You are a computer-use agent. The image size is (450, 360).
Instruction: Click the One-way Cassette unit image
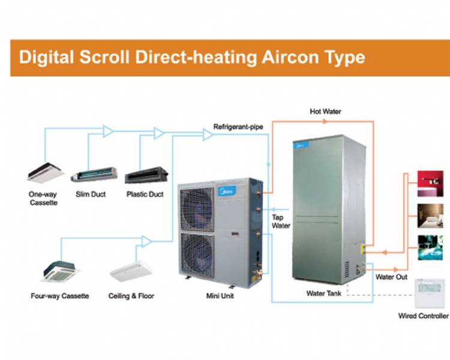tap(46, 171)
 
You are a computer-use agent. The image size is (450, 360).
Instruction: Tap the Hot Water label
tap(326, 112)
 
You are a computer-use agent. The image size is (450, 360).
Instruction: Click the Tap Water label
tap(281, 221)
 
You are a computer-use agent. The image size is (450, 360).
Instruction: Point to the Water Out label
tap(391, 277)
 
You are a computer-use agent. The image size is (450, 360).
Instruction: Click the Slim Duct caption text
tap(91, 194)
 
